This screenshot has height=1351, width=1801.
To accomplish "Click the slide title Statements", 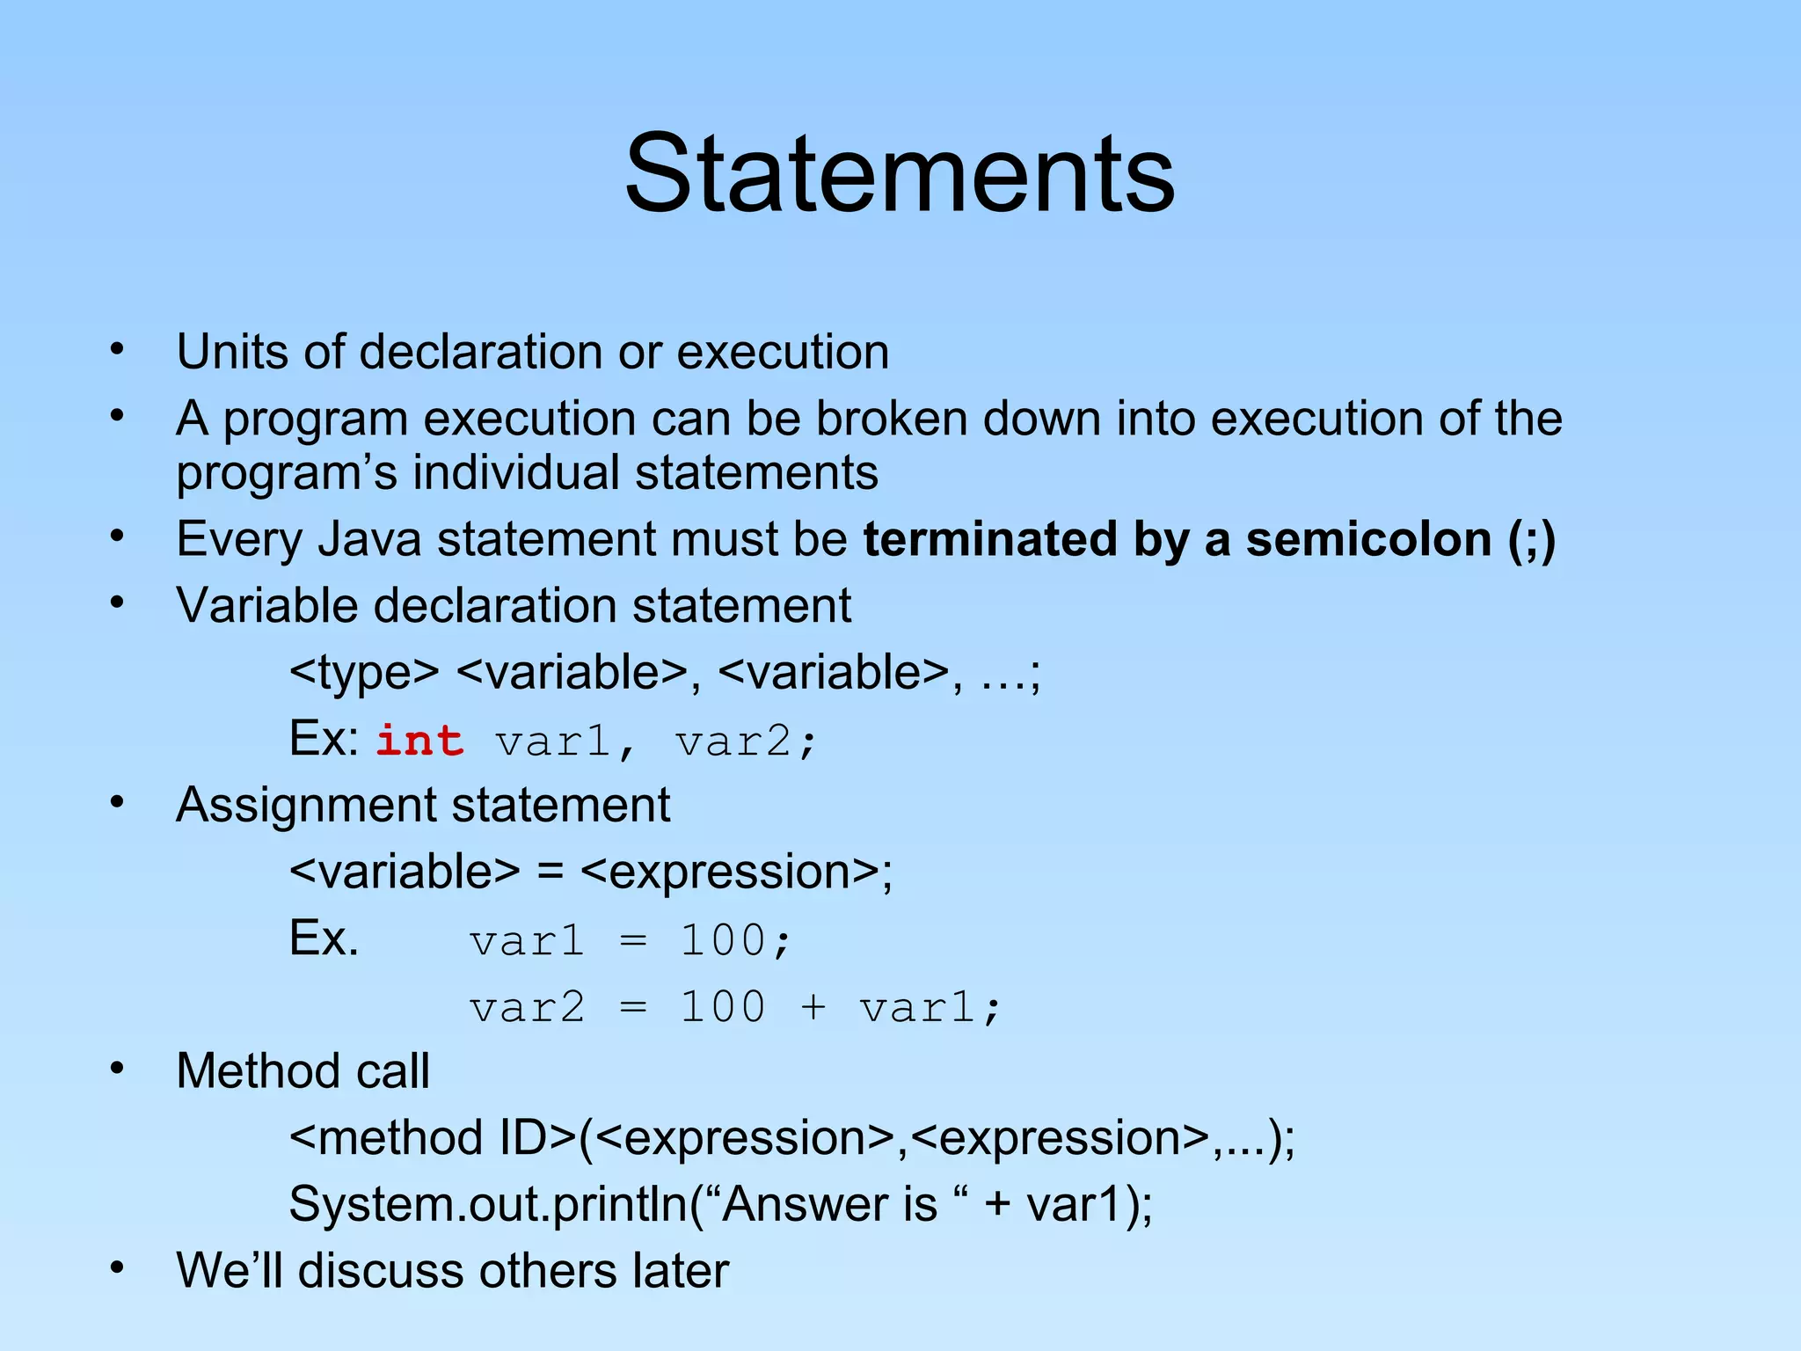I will pyautogui.click(x=899, y=173).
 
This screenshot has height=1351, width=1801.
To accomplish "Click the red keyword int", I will pyautogui.click(x=419, y=741).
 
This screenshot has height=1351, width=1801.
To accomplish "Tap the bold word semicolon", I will pyautogui.click(x=1367, y=539).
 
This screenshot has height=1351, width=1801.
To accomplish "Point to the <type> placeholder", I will pyautogui.click(x=364, y=673).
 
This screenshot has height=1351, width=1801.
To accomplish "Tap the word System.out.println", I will pyautogui.click(x=488, y=1204).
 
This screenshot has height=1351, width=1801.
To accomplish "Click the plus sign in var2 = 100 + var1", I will pyautogui.click(x=813, y=1007).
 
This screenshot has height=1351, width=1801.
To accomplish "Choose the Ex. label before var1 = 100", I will pyautogui.click(x=324, y=938).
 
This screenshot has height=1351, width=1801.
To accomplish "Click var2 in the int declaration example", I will pyautogui.click(x=734, y=741).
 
